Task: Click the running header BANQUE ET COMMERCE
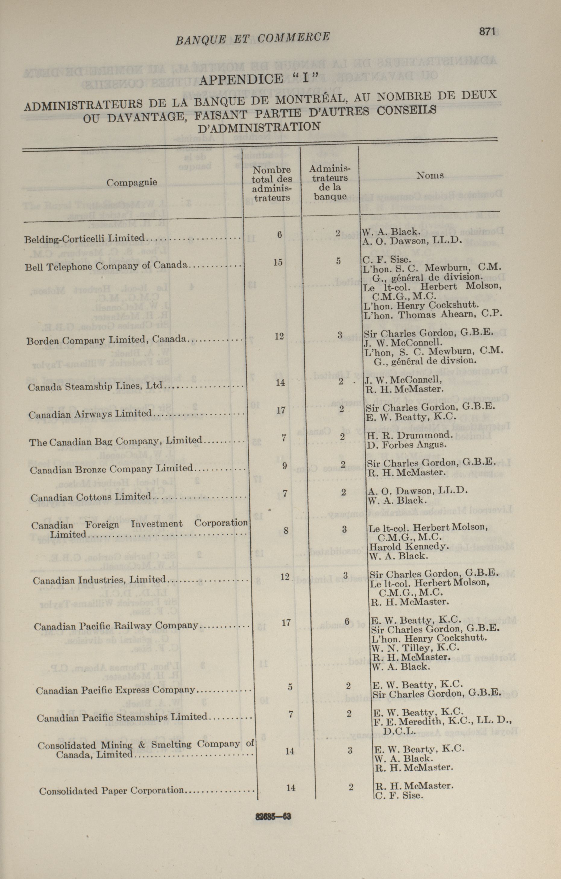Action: click(x=253, y=38)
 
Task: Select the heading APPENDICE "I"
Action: click(x=260, y=78)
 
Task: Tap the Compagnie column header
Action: click(x=132, y=182)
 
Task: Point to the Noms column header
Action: click(x=430, y=175)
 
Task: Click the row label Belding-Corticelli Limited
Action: click(x=85, y=239)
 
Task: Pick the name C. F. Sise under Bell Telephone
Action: click(x=386, y=260)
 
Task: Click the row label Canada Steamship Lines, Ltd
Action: click(x=95, y=386)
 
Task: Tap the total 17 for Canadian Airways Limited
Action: click(x=281, y=410)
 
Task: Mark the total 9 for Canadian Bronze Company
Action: click(x=284, y=465)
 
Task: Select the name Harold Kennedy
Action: click(x=408, y=546)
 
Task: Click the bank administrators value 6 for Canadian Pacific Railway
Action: click(x=347, y=621)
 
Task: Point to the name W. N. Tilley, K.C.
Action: click(x=415, y=648)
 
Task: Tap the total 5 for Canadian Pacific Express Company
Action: click(x=290, y=687)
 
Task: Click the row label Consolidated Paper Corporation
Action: click(x=111, y=791)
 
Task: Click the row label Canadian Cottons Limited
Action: click(x=91, y=497)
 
